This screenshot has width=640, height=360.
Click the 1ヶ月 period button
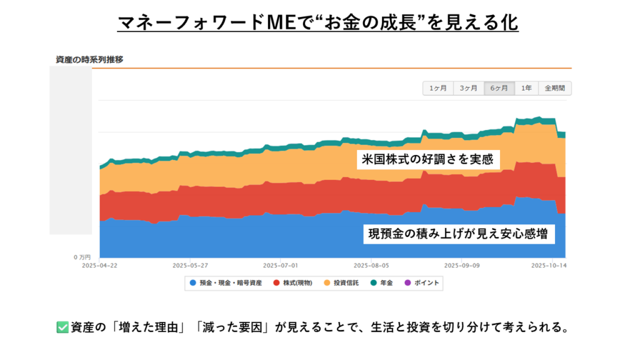pos(437,88)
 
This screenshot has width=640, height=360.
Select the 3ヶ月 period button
pos(468,88)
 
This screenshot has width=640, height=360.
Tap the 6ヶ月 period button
pos(499,88)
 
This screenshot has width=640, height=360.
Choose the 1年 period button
pos(527,88)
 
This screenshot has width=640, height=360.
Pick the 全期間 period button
pos(554,88)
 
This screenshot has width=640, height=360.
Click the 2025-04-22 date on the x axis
pos(100,265)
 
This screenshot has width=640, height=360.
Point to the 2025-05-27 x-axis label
pos(190,265)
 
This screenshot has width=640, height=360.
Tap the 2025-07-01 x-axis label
pos(281,265)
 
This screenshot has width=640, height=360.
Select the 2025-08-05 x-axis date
pos(371,265)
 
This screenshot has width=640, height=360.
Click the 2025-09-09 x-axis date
pos(461,265)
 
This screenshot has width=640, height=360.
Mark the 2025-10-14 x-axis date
pos(551,265)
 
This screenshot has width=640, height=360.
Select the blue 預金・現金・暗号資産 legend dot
pos(192,283)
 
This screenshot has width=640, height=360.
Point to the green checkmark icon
pos(62,327)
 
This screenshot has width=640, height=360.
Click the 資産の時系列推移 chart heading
pos(89,60)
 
